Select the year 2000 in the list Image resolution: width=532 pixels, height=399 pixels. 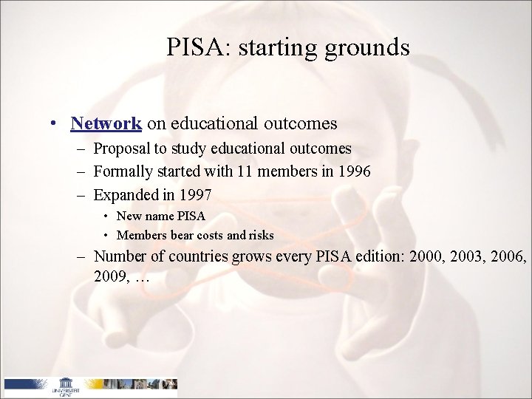tap(412, 259)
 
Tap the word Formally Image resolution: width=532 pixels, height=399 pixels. tap(123, 171)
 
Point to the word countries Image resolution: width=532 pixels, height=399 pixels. tap(188, 259)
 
